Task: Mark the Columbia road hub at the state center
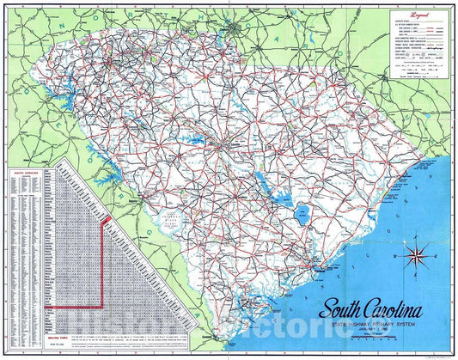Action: (221, 143)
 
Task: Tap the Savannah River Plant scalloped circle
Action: (176, 221)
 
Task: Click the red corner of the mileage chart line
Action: (104, 223)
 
